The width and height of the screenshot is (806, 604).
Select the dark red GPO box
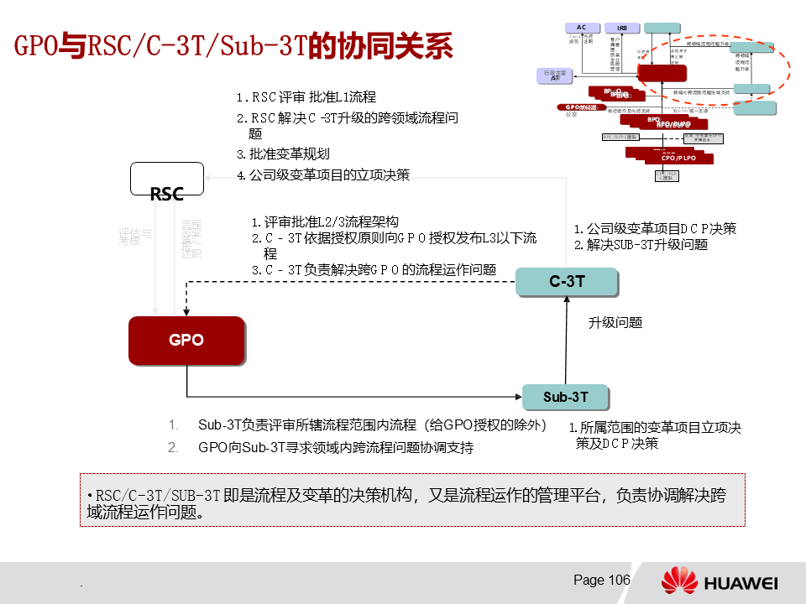click(x=186, y=340)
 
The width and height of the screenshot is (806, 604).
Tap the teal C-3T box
click(x=566, y=282)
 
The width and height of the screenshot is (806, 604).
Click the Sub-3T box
click(x=565, y=396)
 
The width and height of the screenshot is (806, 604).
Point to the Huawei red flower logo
click(x=679, y=581)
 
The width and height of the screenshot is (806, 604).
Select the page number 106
click(x=601, y=581)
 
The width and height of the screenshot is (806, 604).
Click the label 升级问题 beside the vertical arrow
click(x=615, y=322)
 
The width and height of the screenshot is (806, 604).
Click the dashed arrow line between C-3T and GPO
click(x=353, y=283)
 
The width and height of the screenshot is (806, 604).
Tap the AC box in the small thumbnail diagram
click(x=581, y=28)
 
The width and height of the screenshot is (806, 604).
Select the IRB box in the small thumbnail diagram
click(x=622, y=28)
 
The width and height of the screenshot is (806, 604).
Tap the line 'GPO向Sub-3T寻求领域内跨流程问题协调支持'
click(x=336, y=447)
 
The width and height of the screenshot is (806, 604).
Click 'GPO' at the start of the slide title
click(x=35, y=44)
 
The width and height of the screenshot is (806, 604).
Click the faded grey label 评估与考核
click(x=135, y=237)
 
